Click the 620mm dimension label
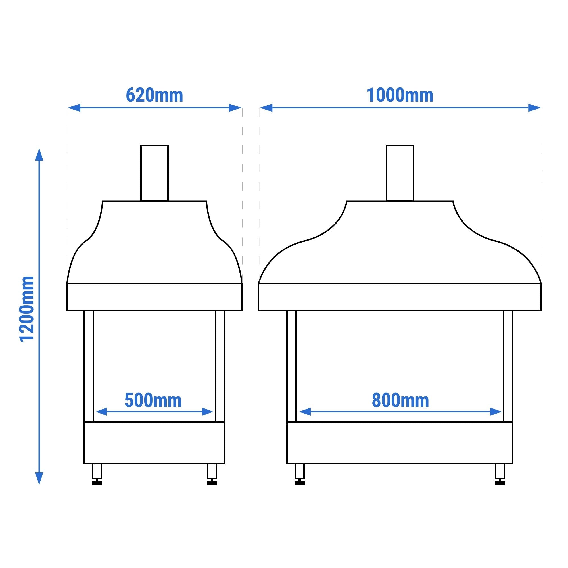(x=154, y=95)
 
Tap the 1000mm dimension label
(x=400, y=95)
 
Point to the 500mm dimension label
(x=153, y=400)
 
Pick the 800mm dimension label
(x=400, y=400)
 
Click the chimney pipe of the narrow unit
(x=154, y=173)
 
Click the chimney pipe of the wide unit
(x=400, y=173)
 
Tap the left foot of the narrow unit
(x=97, y=474)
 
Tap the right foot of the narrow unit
(x=212, y=474)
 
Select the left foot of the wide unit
(x=300, y=474)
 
